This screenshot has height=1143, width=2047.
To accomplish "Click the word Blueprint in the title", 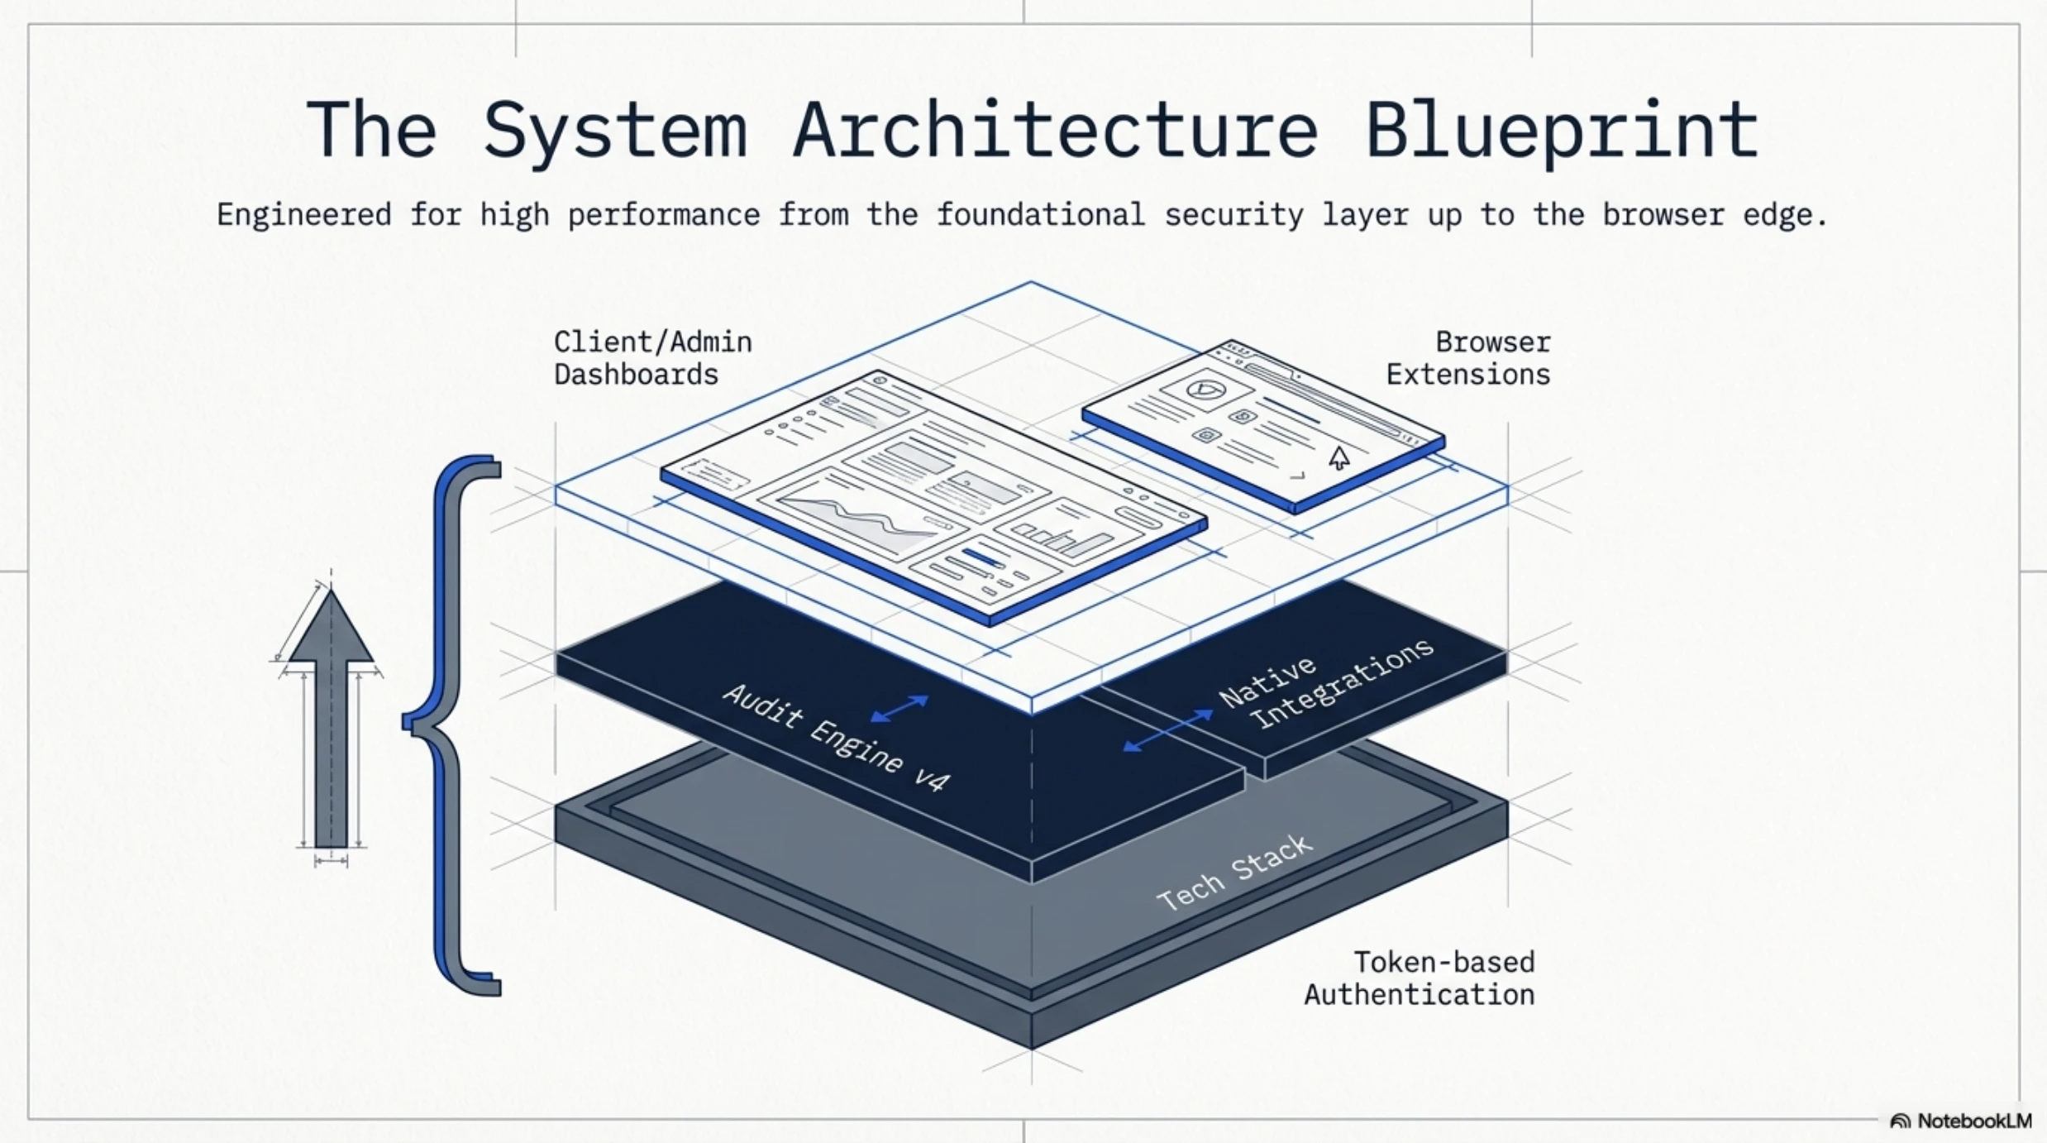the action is (1562, 131).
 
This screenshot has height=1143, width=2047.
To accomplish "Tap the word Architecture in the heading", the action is (1056, 130).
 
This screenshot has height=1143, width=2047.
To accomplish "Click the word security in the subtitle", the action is (1233, 215).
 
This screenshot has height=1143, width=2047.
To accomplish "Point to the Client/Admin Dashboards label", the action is (653, 358).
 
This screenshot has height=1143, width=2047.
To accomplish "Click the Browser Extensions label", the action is (1468, 358).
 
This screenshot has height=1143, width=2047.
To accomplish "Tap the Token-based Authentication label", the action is (1420, 978).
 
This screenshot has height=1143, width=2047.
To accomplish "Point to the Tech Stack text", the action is (1234, 873).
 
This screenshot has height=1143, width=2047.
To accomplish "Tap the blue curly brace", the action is (451, 725).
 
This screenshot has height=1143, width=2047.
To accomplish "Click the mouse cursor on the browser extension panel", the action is (1339, 457).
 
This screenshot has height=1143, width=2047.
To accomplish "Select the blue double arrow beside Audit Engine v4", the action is (900, 709).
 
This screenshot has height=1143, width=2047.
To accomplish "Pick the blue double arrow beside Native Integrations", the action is (1167, 731).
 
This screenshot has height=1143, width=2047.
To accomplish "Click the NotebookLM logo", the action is (1961, 1121).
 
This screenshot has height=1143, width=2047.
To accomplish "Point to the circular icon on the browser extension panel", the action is (1203, 390).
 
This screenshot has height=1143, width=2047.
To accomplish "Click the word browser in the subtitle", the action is (1663, 215).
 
